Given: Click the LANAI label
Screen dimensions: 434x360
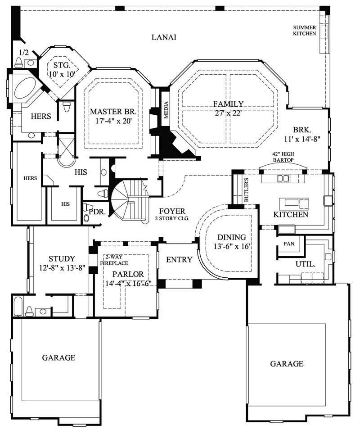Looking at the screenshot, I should (163, 37).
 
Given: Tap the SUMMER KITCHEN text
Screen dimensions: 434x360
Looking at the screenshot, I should (305, 30).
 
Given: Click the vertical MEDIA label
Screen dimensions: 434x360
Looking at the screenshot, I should (165, 110).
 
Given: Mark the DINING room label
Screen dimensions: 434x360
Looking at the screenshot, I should (232, 237).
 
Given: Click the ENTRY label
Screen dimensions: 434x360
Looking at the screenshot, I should (179, 260).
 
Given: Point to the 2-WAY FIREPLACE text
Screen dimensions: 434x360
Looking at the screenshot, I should (114, 260).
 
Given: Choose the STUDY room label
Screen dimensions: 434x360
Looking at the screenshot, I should (62, 258).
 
